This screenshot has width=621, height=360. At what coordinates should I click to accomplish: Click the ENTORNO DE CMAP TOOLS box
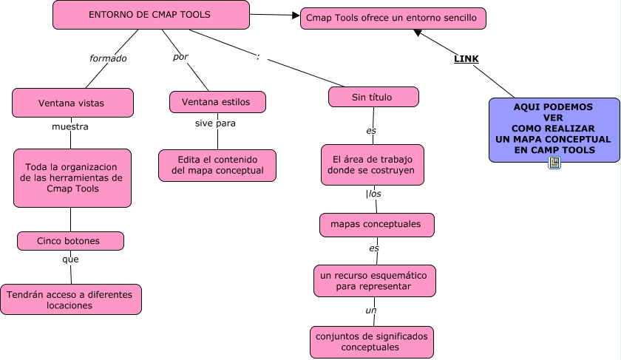149,15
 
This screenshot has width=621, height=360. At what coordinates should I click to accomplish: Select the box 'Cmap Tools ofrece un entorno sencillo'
393,18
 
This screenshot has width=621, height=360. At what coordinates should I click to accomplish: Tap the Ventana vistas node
72,103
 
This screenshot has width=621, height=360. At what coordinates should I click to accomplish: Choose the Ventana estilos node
217,101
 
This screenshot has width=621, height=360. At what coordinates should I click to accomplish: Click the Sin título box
373,97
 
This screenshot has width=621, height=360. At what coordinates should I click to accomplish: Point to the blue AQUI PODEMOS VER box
553,129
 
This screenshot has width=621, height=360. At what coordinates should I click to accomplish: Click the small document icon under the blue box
554,163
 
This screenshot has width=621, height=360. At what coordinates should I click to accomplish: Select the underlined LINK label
466,58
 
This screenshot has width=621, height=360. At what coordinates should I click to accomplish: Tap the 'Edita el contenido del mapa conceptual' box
217,166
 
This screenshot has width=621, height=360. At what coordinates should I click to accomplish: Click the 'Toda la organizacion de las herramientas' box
72,177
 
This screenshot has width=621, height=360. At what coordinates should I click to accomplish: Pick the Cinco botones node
70,241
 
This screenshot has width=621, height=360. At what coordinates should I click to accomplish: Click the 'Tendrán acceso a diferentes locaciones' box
70,299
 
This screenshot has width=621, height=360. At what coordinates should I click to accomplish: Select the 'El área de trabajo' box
373,164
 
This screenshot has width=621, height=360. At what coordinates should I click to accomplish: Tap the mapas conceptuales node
376,224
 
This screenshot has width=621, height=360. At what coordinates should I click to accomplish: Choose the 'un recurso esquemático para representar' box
374,280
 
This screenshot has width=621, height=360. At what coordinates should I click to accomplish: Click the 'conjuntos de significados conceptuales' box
371,342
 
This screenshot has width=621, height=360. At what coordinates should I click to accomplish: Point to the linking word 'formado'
108,58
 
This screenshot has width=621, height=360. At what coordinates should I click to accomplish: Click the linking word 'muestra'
70,126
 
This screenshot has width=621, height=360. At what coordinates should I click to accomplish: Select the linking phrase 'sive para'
215,123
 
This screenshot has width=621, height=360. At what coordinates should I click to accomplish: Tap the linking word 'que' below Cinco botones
70,259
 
